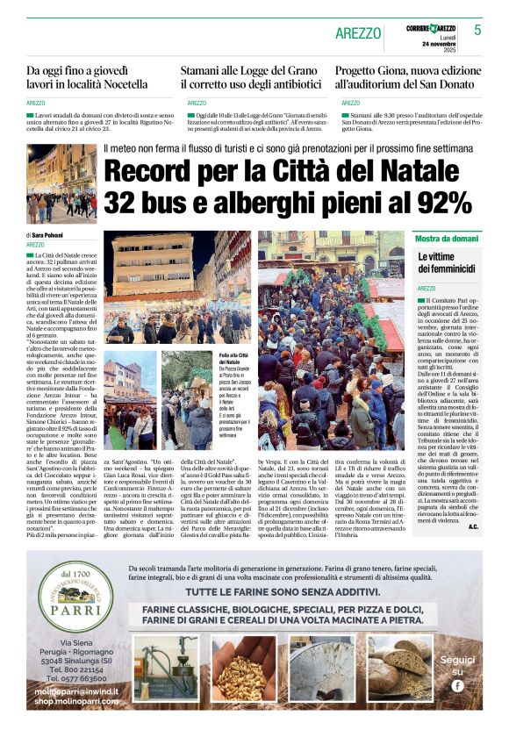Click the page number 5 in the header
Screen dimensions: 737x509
[478, 30]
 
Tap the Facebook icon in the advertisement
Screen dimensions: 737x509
[456, 685]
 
